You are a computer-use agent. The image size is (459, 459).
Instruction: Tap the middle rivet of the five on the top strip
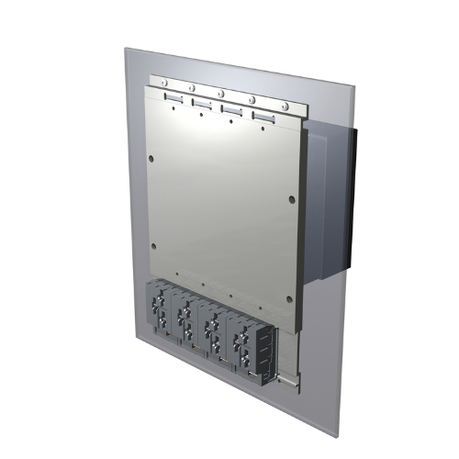click(x=221, y=93)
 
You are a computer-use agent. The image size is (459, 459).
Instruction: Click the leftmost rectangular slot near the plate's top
click(x=174, y=96)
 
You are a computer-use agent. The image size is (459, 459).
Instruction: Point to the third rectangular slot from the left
click(x=233, y=110)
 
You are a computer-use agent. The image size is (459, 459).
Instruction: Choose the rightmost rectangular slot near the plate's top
click(x=264, y=118)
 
